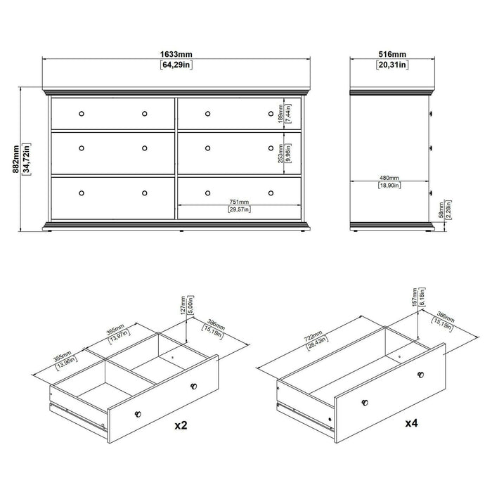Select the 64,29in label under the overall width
pyautogui.click(x=176, y=65)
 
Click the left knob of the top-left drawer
pyautogui.click(x=82, y=114)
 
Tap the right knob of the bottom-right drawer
pyautogui.click(x=271, y=193)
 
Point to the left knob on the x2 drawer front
pyautogui.click(x=137, y=412)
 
